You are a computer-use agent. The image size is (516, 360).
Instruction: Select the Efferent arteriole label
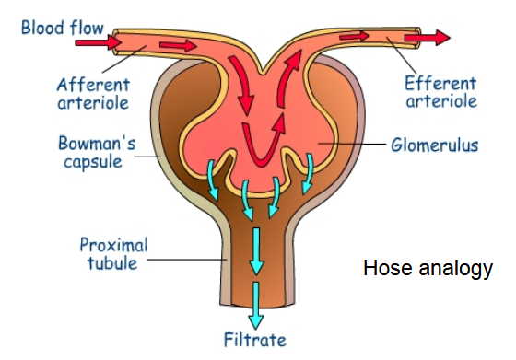pos(440,91)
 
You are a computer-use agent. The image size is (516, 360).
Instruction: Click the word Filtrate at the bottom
pos(259,343)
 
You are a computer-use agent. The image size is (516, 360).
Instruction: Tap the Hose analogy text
pos(428,269)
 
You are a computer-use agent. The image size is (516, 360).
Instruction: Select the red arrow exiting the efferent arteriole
pos(436,37)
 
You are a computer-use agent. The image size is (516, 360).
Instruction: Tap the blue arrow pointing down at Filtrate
pos(259,308)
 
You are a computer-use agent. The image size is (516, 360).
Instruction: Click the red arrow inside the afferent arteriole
pos(182,44)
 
